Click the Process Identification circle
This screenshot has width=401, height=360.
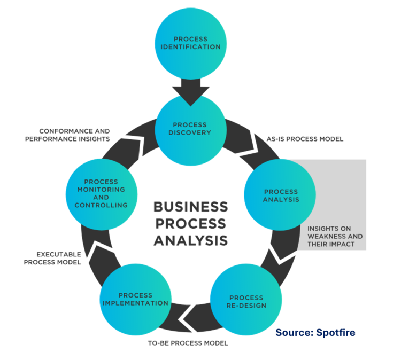(191, 43)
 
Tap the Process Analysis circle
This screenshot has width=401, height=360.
(280, 195)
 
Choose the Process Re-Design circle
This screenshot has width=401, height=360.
(246, 301)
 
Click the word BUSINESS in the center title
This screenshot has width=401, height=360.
(190, 206)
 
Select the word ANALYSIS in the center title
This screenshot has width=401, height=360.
(190, 240)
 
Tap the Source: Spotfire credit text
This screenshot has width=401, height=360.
(315, 333)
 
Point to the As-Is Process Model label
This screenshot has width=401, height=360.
(305, 139)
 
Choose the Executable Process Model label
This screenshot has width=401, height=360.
(52, 257)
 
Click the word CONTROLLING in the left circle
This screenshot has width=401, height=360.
(101, 205)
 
